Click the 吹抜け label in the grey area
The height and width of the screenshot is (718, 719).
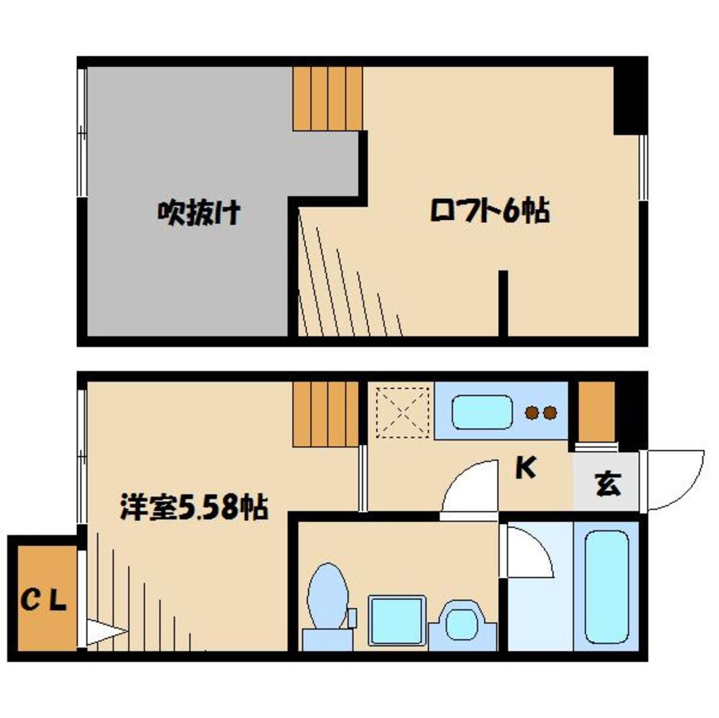pos(198,213)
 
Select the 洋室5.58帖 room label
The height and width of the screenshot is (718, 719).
pos(193,508)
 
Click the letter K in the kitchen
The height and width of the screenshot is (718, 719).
pos(526,469)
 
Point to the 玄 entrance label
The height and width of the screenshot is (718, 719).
pos(608,484)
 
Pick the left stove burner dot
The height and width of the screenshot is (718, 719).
pos(533,413)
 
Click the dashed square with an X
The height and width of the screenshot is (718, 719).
pos(403,411)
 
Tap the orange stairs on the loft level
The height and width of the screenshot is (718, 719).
pos(326,98)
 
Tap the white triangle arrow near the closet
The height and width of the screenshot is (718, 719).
pos(103,632)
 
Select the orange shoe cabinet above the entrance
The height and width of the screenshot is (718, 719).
pos(597,411)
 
